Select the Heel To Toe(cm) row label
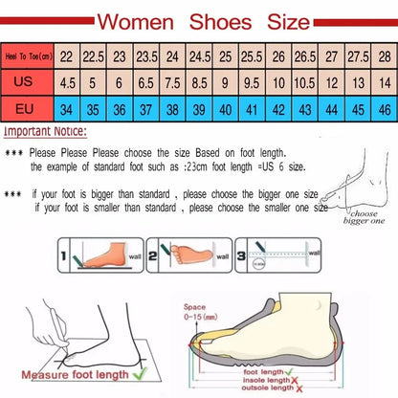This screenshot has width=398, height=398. coord(27,56)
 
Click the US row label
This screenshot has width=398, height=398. coord(27,82)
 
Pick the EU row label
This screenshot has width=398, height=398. coord(27,109)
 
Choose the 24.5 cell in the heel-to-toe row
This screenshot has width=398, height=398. coord(199,56)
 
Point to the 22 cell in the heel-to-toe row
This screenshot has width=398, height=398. coord(66,56)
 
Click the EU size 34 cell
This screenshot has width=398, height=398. coord(66,109)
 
